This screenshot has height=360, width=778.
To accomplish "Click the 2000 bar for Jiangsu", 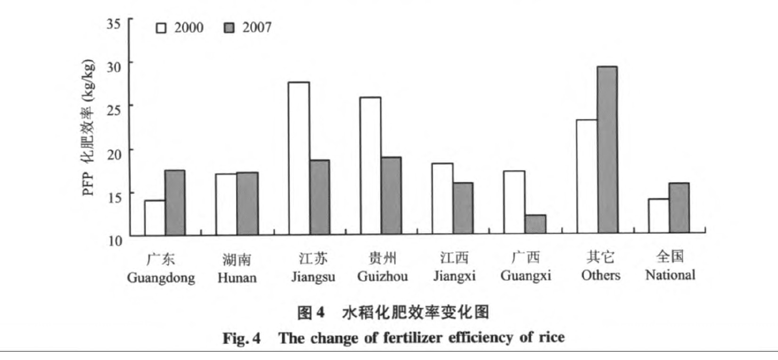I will click(299, 158).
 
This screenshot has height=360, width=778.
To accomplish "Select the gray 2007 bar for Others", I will click(607, 150).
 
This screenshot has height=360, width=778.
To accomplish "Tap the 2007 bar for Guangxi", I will click(535, 224).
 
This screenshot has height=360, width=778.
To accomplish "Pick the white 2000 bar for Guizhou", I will click(370, 166).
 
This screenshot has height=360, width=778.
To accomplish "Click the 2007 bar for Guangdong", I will click(175, 203).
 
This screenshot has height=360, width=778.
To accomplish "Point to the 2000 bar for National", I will click(658, 216).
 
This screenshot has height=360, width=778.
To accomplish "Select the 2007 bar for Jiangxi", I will click(463, 208).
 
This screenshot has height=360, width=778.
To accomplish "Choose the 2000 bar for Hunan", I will click(226, 205).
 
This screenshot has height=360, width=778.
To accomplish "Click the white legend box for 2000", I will click(161, 28).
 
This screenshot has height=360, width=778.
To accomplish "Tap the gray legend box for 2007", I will click(229, 28).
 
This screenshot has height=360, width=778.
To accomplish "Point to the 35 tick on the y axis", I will click(114, 23).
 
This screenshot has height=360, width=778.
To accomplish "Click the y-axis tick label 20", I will click(114, 154).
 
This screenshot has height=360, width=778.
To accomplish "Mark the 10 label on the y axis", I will click(115, 241).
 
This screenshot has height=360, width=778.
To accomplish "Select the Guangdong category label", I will click(161, 277).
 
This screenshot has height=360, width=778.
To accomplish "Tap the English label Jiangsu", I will click(313, 276).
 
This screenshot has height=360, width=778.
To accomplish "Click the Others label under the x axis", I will click(600, 275).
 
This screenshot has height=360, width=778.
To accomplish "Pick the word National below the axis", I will click(670, 275).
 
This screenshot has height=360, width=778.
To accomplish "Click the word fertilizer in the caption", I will click(413, 338).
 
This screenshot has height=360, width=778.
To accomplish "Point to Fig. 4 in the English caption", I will click(241, 338).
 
